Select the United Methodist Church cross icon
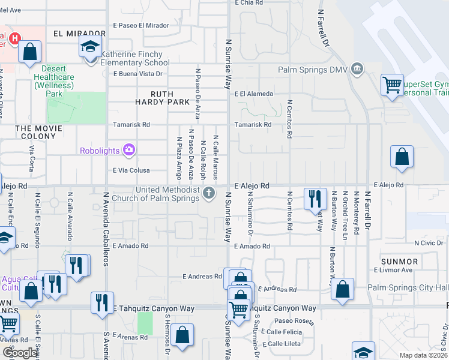coord(209,193)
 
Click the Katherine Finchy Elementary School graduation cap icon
coord(90,47)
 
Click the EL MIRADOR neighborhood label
coord(75,33)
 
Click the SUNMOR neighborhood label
coord(399,262)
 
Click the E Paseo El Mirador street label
coord(141,26)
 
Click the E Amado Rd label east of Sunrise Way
coord(252,246)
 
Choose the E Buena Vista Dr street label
coord(138,74)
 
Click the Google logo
coord(20,353)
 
